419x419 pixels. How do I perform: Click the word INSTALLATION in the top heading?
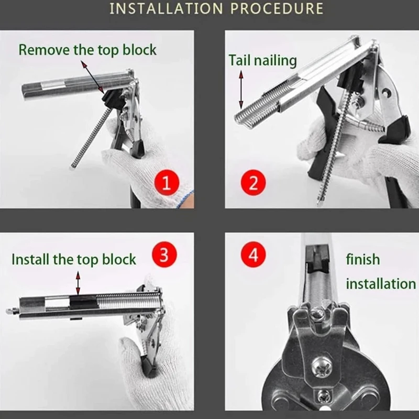[166, 8]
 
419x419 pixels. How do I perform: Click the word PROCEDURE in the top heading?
[277, 8]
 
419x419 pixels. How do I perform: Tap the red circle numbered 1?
[167, 183]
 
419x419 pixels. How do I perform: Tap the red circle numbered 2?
[253, 182]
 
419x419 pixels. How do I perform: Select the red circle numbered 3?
[164, 255]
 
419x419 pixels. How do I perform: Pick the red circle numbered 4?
[253, 255]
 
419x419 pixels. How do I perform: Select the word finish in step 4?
[363, 259]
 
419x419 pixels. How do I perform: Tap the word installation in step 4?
[381, 284]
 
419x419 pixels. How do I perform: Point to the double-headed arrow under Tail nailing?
[241, 90]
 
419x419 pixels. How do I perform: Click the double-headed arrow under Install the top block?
[78, 283]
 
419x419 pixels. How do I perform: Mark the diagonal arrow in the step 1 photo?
[93, 77]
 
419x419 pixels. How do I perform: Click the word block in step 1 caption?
[139, 50]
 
